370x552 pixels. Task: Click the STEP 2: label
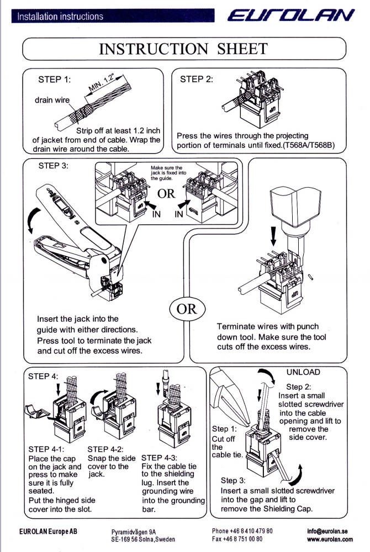click(197, 79)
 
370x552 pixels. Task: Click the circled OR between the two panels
click(187, 309)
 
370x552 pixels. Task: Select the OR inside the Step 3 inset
click(166, 194)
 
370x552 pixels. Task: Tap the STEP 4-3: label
click(160, 458)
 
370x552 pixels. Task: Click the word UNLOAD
click(303, 373)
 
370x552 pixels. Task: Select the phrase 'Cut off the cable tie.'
click(227, 442)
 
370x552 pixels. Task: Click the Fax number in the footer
click(237, 539)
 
